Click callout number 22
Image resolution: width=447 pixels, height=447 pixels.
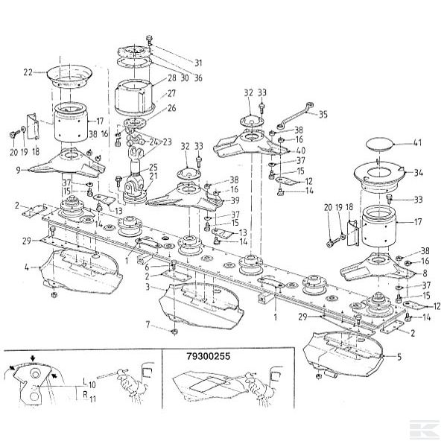pos(28,72)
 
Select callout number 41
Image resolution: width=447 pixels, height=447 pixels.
pos(418,142)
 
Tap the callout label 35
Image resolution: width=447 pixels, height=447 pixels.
pos(323,115)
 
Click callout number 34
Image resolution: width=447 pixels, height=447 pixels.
pos(419,173)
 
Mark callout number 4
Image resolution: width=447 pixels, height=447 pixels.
pos(27,266)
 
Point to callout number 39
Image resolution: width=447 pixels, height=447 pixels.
pos(234,200)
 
